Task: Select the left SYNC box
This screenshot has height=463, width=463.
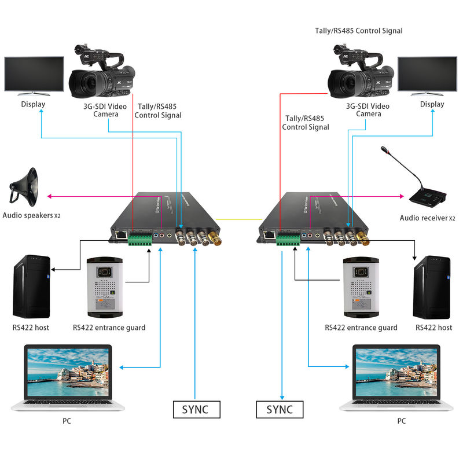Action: tap(197, 409)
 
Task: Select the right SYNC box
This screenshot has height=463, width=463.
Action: tap(280, 409)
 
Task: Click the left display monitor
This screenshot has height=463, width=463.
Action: tap(34, 74)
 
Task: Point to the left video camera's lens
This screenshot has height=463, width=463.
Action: tap(82, 82)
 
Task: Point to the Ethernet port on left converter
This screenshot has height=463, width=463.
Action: tap(120, 235)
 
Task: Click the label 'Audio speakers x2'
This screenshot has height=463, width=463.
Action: tap(31, 216)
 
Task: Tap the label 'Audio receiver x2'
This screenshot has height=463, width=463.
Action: tap(428, 218)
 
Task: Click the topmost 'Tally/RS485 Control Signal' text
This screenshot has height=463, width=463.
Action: tap(358, 31)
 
